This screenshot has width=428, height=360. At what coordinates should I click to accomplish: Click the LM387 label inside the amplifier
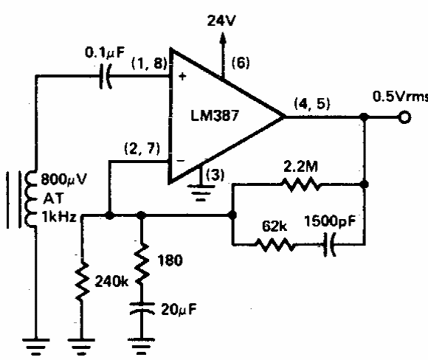click(215, 116)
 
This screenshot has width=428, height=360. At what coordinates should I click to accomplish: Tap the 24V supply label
click(221, 21)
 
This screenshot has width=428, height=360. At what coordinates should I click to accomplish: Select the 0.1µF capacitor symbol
click(106, 77)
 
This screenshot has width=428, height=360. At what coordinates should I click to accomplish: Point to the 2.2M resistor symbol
click(302, 184)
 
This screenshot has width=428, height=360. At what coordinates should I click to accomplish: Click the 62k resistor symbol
click(275, 244)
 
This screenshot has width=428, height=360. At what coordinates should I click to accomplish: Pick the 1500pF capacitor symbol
click(329, 244)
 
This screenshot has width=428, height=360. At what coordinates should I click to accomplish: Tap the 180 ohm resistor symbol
click(142, 263)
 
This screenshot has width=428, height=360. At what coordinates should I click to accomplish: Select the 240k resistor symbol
click(81, 281)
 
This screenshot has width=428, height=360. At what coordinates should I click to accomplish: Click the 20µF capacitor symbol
click(142, 308)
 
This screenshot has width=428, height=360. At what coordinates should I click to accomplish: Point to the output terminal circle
click(404, 117)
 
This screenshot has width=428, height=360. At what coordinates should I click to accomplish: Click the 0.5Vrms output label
click(400, 97)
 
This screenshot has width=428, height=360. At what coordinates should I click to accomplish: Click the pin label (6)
click(241, 63)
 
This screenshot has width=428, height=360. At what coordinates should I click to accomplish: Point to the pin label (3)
click(215, 175)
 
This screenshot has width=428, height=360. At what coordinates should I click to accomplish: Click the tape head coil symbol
click(30, 198)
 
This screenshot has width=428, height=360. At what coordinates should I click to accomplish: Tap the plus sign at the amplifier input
click(182, 77)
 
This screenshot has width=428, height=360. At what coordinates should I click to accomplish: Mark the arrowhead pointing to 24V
click(223, 38)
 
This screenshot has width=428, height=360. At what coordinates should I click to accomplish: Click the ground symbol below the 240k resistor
click(81, 347)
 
